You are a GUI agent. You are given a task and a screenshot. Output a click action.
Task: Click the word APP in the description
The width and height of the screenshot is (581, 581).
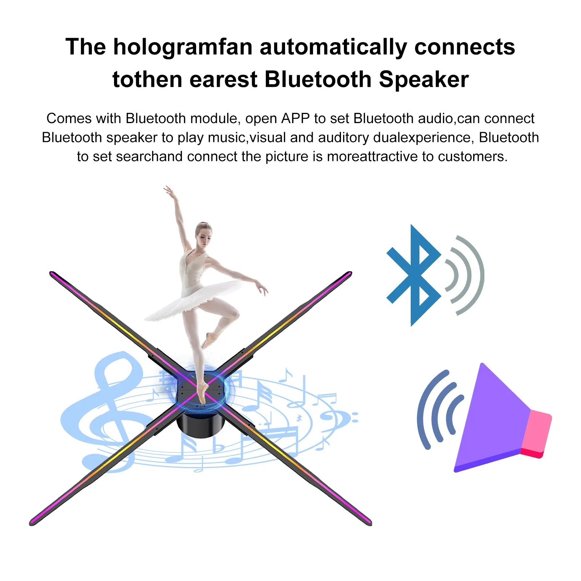click(x=295, y=118)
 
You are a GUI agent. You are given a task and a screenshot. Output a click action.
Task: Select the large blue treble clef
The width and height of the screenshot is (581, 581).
click(x=109, y=410)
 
